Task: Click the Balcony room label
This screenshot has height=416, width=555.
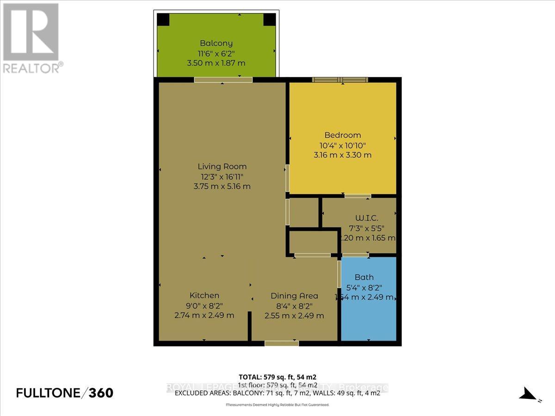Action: point(216,44)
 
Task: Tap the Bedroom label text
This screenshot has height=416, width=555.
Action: point(342,135)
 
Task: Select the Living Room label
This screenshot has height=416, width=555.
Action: point(222,166)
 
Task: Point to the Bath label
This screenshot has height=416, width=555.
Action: point(364,277)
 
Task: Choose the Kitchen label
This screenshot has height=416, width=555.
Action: point(204,295)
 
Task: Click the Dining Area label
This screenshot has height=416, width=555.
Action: point(294,296)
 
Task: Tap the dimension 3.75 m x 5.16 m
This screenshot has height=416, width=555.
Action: point(222,186)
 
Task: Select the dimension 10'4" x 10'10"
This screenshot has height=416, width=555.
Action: point(342,145)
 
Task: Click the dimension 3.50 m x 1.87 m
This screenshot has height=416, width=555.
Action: point(216,63)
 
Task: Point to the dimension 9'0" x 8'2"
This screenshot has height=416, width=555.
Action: point(204,306)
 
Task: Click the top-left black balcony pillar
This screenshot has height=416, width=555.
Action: point(163,19)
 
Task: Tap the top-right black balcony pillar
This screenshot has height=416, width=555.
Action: point(269,19)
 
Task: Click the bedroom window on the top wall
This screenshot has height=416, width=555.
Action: point(341,80)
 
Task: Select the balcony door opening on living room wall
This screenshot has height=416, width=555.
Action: point(223,80)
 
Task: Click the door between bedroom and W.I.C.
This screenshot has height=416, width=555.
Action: point(357,196)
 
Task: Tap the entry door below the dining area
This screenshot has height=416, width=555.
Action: point(281,343)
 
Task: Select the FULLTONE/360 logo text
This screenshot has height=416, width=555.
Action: point(64,393)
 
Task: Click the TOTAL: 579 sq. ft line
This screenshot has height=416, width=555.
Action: point(277,377)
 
